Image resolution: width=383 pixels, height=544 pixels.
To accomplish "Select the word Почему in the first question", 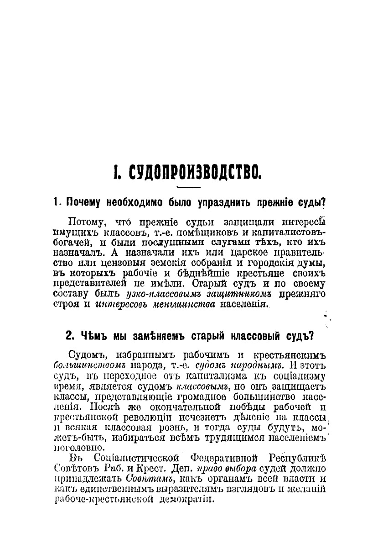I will pos(84,201).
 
